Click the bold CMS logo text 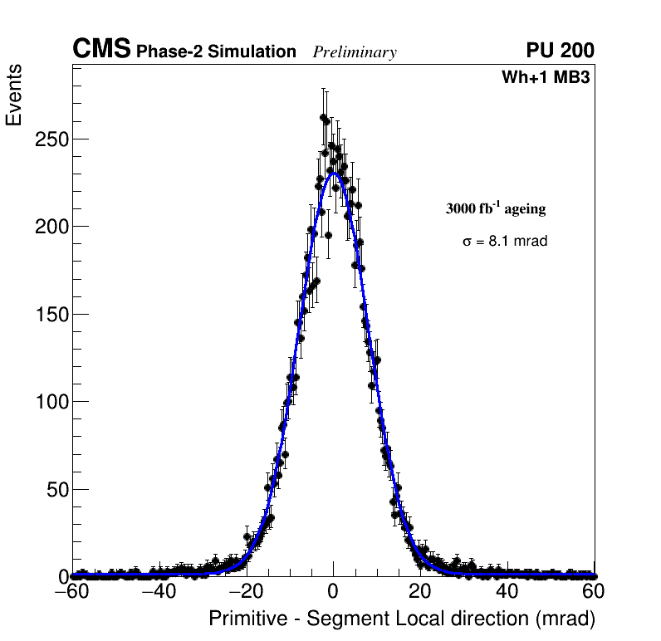(x=101, y=50)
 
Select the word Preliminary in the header (x=355, y=52)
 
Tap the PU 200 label (x=560, y=51)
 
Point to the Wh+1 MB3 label (x=546, y=78)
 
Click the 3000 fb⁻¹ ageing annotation (x=496, y=208)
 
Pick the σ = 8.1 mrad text (x=505, y=242)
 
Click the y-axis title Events (x=14, y=95)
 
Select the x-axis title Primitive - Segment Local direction (x=402, y=619)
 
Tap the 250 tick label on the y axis (x=51, y=139)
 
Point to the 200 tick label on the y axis (x=51, y=226)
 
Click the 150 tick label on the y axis (x=51, y=314)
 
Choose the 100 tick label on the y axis (x=51, y=401)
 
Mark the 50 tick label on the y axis (x=56, y=489)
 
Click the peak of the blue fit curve (x=334, y=174)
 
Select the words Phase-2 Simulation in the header (x=216, y=52)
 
